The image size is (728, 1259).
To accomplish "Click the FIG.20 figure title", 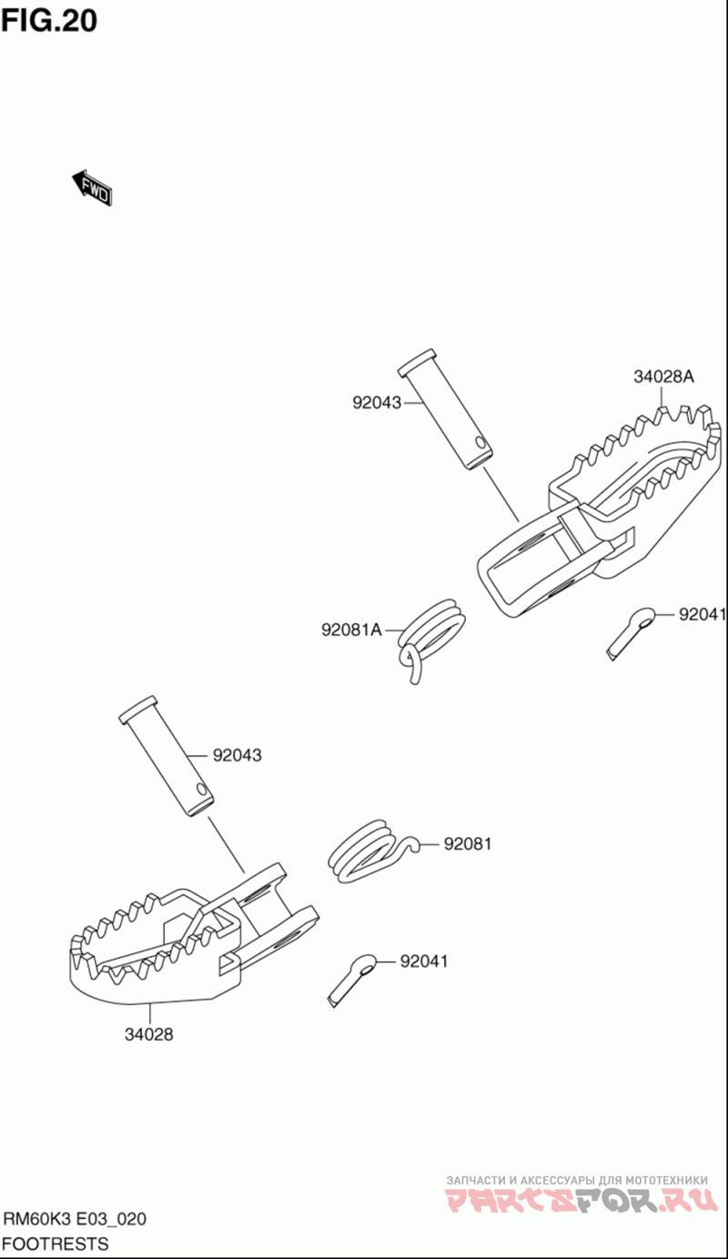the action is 49,19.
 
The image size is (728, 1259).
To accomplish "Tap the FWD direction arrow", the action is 93,187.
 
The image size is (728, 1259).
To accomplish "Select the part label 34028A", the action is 663,378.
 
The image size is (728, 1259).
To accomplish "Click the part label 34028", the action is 149,1033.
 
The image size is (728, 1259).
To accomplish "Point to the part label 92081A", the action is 351,629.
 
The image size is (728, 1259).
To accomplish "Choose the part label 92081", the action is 468,844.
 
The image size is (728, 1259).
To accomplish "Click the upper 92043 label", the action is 377,402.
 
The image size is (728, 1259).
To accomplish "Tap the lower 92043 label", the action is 238,755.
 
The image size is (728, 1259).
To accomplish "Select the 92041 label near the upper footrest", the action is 703,615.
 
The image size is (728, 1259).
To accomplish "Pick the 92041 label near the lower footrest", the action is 424,961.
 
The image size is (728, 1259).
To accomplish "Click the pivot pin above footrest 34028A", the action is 446,409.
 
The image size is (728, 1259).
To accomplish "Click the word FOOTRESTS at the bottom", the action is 56,1244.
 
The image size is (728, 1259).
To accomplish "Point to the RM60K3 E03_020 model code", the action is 75,1219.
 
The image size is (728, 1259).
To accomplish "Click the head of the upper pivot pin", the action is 418,362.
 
